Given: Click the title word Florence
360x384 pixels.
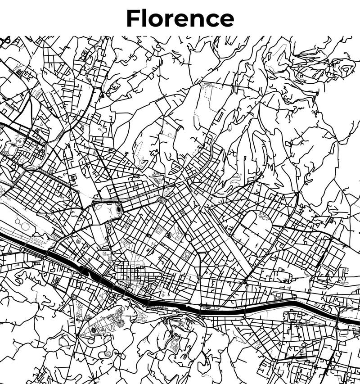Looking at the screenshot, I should pyautogui.click(x=180, y=18).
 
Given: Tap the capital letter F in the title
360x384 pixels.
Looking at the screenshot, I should pyautogui.click(x=133, y=18).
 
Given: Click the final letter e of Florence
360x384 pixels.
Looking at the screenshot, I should pyautogui.click(x=226, y=20).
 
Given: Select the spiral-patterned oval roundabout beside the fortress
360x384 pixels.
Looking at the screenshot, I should pyautogui.click(x=161, y=199).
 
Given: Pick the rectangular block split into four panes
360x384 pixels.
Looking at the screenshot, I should pyautogui.click(x=333, y=259).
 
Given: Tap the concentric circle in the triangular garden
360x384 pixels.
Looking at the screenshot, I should pyautogui.click(x=94, y=330).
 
